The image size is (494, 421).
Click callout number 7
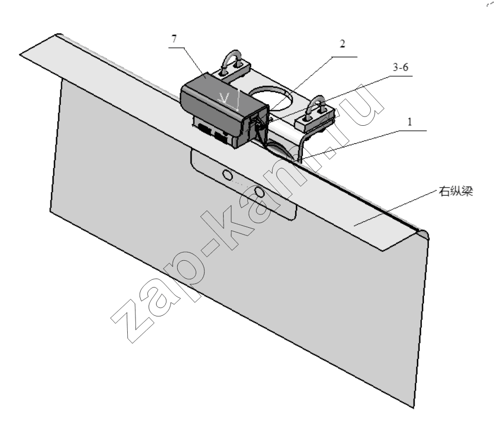point(174,39)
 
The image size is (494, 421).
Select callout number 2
point(342,43)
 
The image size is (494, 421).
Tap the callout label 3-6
point(400,67)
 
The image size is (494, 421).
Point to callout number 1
point(410,121)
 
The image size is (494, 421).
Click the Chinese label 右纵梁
point(456,192)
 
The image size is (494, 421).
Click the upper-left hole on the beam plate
point(227,174)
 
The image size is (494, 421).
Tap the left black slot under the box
point(204,128)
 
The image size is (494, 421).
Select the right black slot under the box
point(222,137)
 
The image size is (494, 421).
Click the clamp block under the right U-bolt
point(314,120)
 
